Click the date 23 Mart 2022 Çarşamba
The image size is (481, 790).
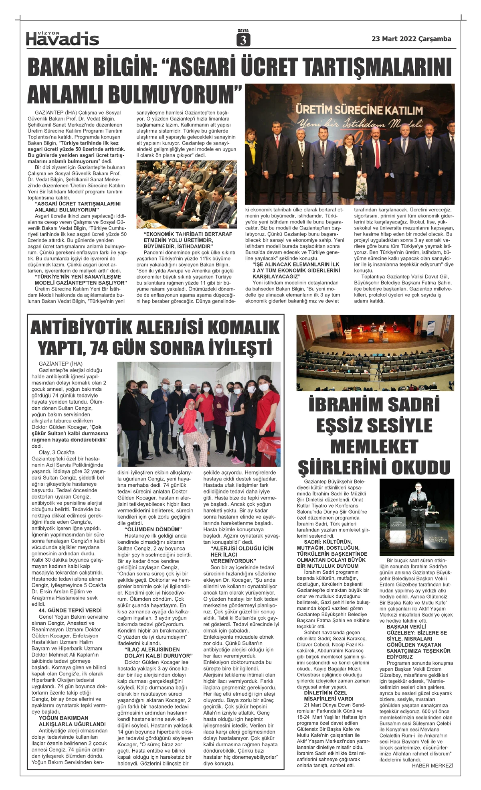point(411,39)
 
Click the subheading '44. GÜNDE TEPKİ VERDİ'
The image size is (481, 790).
point(67,610)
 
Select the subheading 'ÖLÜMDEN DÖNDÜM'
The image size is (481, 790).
point(153,529)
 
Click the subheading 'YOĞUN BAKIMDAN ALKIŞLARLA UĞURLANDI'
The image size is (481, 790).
point(72,721)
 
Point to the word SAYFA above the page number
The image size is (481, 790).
point(243,30)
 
